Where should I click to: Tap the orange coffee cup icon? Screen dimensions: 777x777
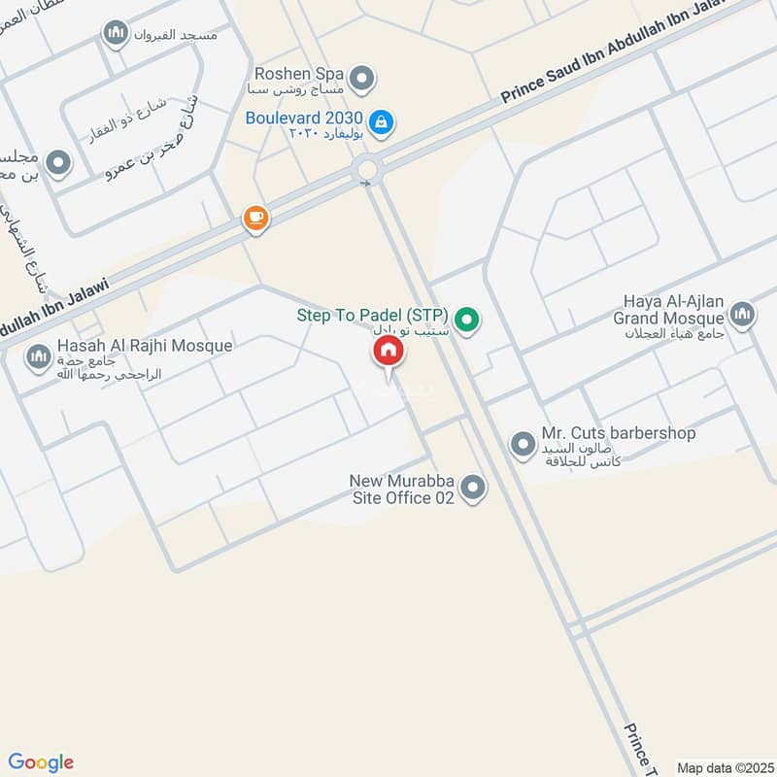coord(255,218)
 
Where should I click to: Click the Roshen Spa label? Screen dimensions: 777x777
coord(297,73)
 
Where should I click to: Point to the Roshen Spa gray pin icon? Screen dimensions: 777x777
coord(362,78)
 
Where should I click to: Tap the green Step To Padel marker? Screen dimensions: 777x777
coord(468,319)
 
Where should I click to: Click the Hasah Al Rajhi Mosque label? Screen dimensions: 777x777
coord(144,346)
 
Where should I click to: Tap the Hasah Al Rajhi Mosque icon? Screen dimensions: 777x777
coord(38,357)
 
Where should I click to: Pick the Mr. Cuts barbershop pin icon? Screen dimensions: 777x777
coord(523,445)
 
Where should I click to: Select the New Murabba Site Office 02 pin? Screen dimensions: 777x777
coord(473,488)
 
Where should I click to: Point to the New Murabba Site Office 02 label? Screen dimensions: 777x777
coord(402,489)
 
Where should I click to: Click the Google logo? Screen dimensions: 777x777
coord(41,762)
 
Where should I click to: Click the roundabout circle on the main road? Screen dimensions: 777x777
coord(366,171)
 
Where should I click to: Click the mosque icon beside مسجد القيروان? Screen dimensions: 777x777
coord(117,34)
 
